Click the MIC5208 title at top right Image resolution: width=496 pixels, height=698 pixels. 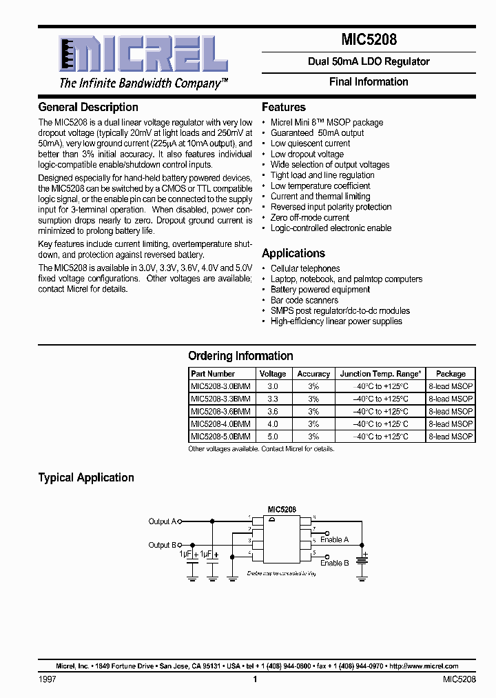[368, 40]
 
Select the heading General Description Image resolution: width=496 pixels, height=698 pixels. [88, 107]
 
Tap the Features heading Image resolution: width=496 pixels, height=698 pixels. [283, 107]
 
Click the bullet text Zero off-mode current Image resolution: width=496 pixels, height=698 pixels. [309, 217]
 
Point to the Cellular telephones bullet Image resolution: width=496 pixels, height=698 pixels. [304, 268]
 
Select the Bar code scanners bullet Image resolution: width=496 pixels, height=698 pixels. [304, 300]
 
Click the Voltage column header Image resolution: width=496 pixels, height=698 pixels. [273, 374]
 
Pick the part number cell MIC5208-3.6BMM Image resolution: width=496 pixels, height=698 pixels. [220, 411]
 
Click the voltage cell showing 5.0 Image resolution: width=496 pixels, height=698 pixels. [273, 436]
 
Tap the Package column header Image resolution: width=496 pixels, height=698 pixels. [451, 374]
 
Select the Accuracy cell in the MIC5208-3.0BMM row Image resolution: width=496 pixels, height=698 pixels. [313, 386]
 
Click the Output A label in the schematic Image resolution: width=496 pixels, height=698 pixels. [163, 521]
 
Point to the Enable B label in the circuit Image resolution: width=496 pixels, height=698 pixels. [334, 563]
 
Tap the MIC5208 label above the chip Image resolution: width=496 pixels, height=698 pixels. [282, 509]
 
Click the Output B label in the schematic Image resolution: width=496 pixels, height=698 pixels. [163, 545]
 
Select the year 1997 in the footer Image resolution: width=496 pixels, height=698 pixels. [47, 679]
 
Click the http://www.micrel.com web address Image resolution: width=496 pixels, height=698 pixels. [424, 666]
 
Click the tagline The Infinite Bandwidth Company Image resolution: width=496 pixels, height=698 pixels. [143, 83]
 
